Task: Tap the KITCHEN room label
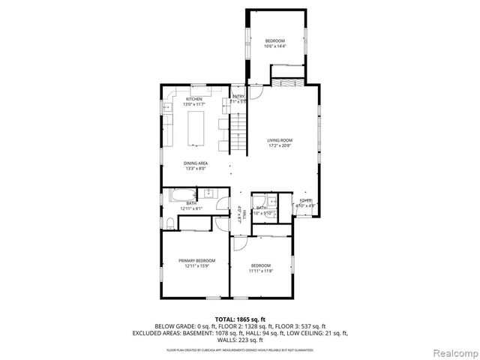point(194,99)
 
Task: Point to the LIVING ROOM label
point(280,140)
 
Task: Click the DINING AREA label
point(196,163)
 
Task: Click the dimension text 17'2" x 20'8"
point(280,145)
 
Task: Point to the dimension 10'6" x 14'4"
point(274,46)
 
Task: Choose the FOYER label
point(306,200)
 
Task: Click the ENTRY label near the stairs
point(238,96)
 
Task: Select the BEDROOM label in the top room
point(274,40)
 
